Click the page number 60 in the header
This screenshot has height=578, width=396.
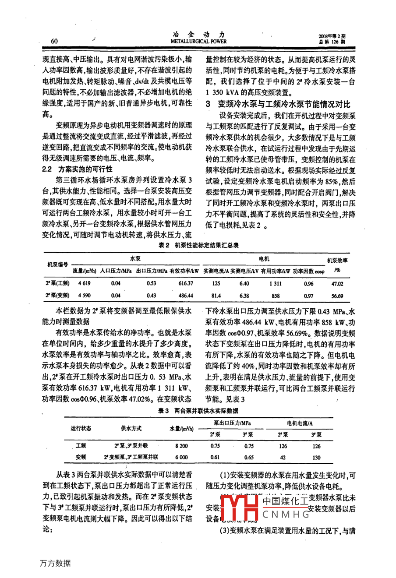[x=54, y=41]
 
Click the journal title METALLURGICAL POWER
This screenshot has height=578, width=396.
[x=198, y=42]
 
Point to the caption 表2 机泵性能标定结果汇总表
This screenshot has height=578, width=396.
[x=198, y=246]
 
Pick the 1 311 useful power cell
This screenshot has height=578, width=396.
[x=276, y=283]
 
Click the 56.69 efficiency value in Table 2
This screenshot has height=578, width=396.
[x=337, y=296]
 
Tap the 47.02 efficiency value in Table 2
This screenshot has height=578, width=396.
[x=337, y=283]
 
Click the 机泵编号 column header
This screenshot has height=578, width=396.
[x=57, y=264]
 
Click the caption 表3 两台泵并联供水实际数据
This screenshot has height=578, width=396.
[x=198, y=410]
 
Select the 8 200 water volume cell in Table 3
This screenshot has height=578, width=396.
[x=181, y=446]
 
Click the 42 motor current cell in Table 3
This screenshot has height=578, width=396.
[x=283, y=457]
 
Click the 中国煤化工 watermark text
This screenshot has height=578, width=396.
[x=284, y=500]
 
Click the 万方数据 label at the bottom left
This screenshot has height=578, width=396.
[x=55, y=563]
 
